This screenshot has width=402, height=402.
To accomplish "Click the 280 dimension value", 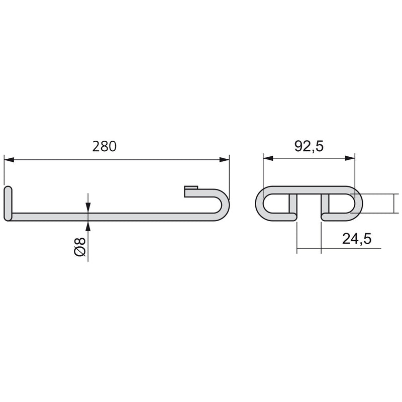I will click(x=105, y=146).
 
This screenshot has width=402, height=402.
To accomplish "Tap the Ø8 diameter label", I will click(x=80, y=246).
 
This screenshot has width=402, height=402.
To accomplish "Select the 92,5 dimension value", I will click(x=309, y=146).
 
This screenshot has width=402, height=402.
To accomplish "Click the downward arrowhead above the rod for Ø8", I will click(x=88, y=207).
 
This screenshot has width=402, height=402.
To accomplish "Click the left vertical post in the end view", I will click(x=292, y=205).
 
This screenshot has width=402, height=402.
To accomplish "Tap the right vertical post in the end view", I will click(x=325, y=205).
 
